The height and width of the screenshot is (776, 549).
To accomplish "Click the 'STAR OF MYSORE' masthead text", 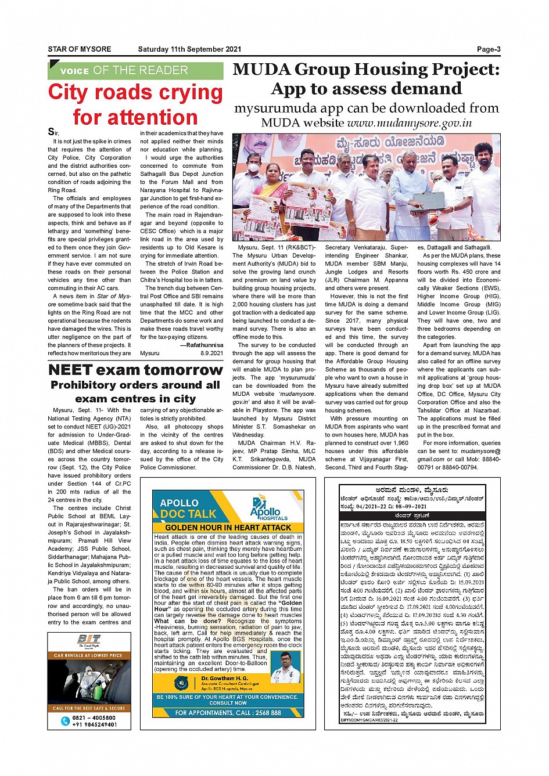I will click(x=79, y=49).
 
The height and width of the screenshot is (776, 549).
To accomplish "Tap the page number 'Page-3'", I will click(x=489, y=49).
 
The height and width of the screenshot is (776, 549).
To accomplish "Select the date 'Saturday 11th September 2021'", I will click(x=189, y=49).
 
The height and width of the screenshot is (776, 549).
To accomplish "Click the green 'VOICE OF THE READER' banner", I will click(x=135, y=71).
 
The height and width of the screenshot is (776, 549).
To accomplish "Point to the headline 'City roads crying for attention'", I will click(x=135, y=104).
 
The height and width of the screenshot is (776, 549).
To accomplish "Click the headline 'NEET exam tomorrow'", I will click(x=135, y=370).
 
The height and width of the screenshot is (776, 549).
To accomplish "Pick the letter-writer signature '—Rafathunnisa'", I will click(x=201, y=345).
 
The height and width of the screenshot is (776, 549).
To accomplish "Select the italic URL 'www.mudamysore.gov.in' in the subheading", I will click(x=410, y=123).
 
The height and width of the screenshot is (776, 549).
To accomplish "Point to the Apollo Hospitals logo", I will click(x=268, y=508).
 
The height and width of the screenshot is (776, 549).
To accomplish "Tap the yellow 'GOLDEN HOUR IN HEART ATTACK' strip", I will click(x=228, y=528).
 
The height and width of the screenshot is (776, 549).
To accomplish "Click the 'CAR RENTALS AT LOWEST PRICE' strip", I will click(x=89, y=655).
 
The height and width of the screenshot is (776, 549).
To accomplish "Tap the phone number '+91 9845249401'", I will click(x=94, y=724).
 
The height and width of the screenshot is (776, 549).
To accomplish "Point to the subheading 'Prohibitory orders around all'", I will click(x=135, y=385).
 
